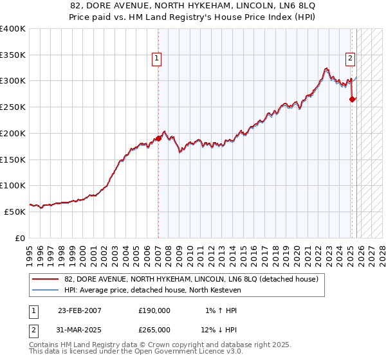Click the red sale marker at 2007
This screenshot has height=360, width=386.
158,138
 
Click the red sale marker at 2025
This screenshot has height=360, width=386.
353,99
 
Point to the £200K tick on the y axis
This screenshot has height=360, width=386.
13,133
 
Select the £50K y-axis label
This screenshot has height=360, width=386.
15,212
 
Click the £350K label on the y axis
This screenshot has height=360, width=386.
13,55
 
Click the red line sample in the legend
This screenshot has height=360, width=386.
46,279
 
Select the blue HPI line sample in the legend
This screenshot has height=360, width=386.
46,291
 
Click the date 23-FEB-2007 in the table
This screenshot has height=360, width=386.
79,310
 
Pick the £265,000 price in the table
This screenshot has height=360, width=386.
154,330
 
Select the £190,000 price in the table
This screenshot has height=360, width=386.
154,310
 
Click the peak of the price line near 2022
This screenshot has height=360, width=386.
327,68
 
